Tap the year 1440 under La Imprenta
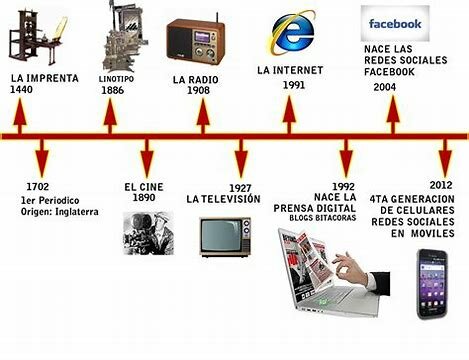(22, 90)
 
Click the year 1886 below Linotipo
(112, 90)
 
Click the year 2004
(384, 87)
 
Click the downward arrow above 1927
(241, 159)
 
